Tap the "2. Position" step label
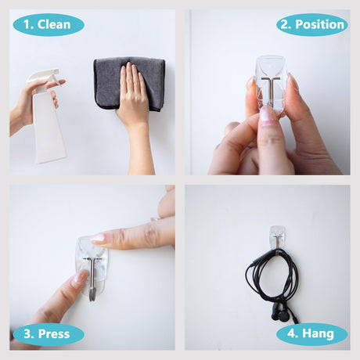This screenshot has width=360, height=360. tap(312, 25)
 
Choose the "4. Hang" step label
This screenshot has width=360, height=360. tap(312, 334)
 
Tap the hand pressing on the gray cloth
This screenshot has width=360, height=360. tap(133, 104)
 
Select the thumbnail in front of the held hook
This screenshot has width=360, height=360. tap(268, 115)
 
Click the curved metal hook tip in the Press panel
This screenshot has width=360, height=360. tap(92, 293)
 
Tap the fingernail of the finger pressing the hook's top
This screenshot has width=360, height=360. tap(98, 238)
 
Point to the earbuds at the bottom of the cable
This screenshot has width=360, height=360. tap(281, 314)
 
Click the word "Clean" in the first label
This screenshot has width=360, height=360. tap(54, 25)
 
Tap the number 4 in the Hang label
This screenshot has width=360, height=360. tap(291, 333)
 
